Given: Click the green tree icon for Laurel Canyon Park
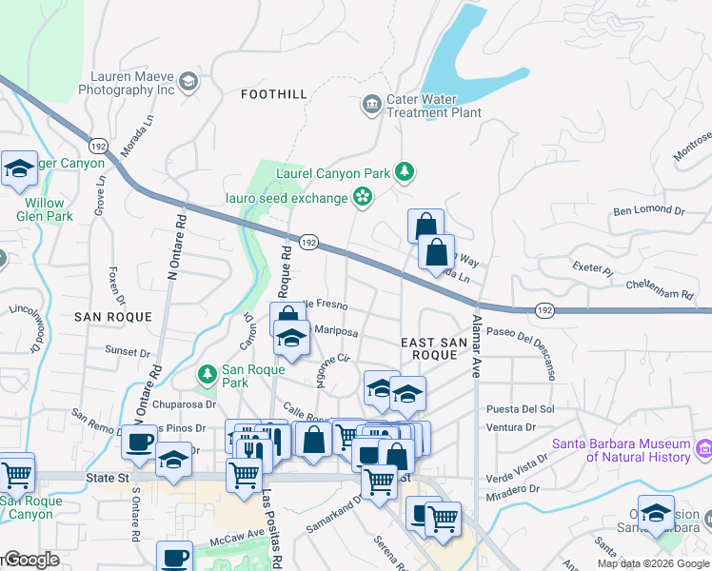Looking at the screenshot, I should pyautogui.click(x=406, y=172).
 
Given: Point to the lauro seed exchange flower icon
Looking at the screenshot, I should pyautogui.click(x=362, y=197).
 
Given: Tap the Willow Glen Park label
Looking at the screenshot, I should pyautogui.click(x=45, y=209).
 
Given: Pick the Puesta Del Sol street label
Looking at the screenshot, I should pyautogui.click(x=520, y=409).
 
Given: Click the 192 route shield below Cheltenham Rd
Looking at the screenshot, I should pyautogui.click(x=544, y=310).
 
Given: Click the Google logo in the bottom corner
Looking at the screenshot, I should pyautogui.click(x=30, y=560).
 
